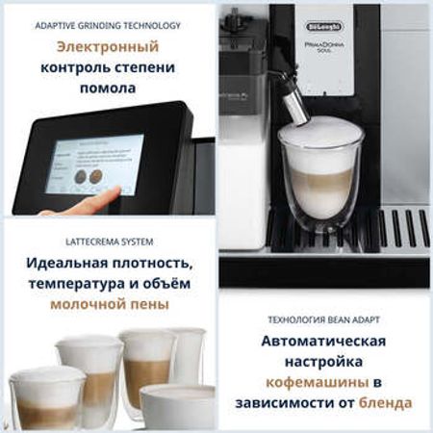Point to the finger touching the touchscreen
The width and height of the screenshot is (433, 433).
96,201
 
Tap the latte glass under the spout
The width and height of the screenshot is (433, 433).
313,178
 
